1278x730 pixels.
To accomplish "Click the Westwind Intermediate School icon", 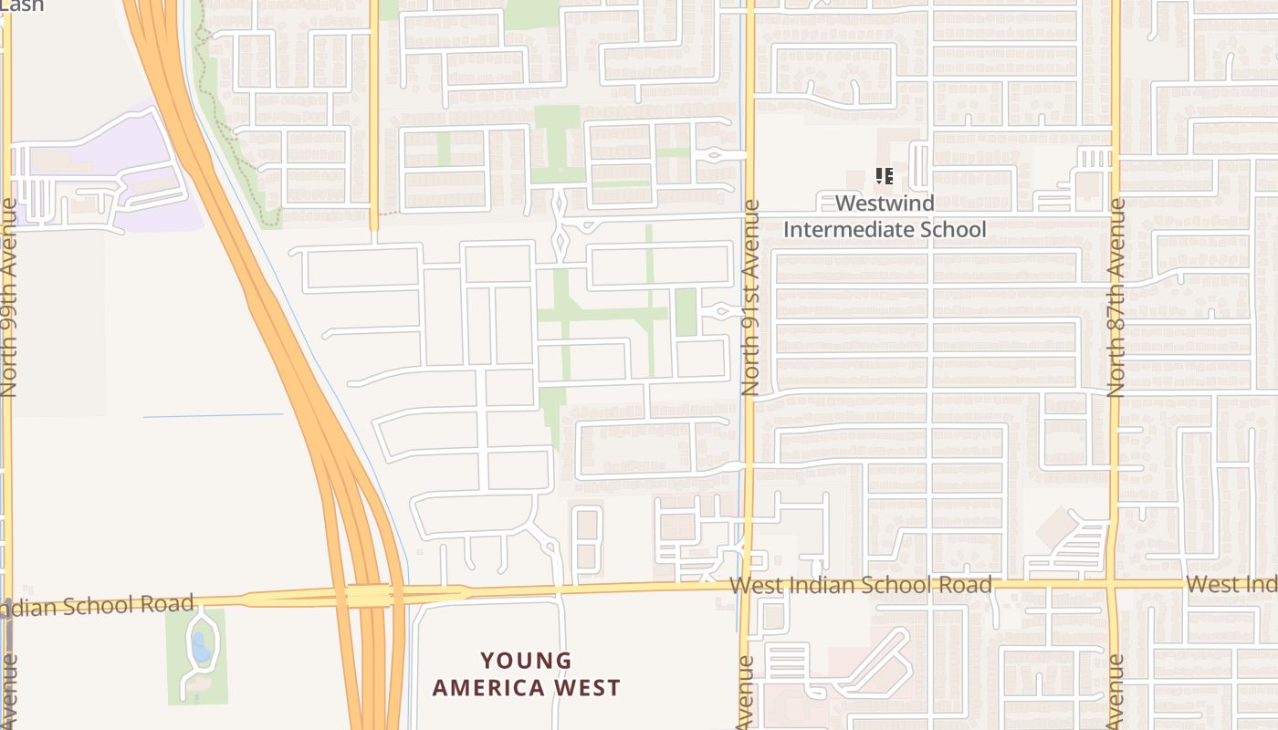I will [x=884, y=176].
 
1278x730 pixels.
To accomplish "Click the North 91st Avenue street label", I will [x=750, y=297].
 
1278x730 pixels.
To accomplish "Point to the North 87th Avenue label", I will [x=1116, y=297].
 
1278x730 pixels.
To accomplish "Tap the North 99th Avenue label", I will [x=9, y=297].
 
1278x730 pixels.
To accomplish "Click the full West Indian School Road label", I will [x=861, y=585].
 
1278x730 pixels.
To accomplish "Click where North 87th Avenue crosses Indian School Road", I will [x=1113, y=583].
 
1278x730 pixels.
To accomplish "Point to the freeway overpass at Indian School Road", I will [x=370, y=596].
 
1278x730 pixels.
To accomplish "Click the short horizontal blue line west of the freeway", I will [x=213, y=416].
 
